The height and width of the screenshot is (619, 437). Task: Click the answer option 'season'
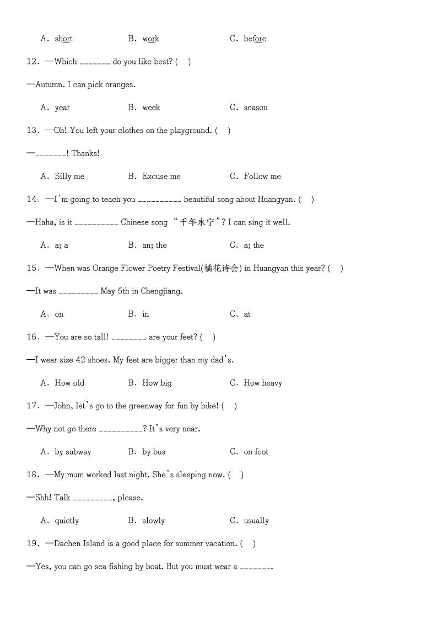[256, 108]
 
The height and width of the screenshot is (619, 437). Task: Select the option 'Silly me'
[69, 177]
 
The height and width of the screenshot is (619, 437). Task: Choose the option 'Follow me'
[262, 177]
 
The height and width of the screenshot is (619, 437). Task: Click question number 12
[32, 62]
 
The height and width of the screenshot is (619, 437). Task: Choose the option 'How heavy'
[263, 383]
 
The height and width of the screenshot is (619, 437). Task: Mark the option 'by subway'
[73, 452]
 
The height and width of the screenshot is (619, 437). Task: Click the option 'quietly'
[67, 521]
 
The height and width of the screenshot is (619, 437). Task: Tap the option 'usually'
[256, 521]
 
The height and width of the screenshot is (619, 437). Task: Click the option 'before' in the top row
[255, 39]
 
